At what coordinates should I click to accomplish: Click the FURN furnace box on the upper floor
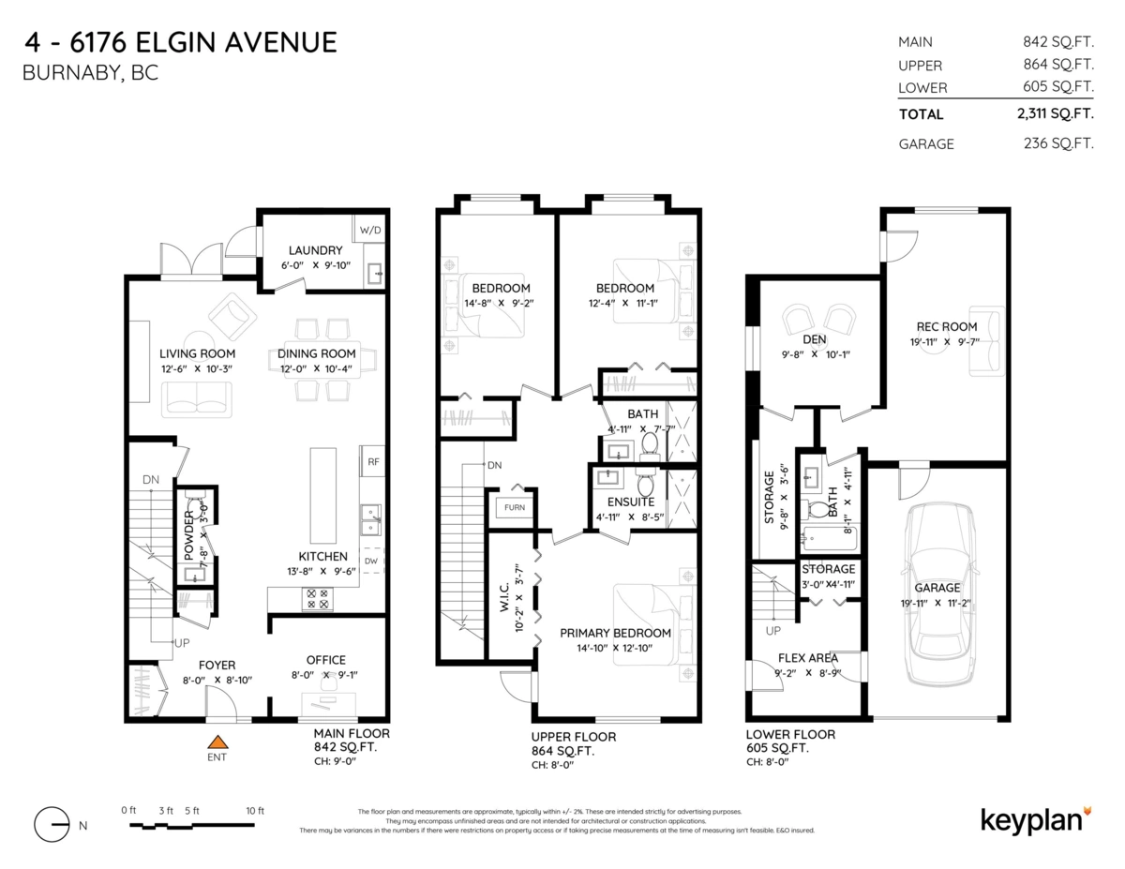click(x=515, y=507)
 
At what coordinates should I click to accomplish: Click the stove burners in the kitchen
click(x=317, y=599)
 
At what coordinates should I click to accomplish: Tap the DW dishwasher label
click(x=372, y=562)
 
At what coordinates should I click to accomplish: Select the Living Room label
click(x=197, y=353)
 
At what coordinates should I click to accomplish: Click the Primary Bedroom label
click(x=616, y=633)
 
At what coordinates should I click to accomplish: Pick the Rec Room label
click(x=946, y=326)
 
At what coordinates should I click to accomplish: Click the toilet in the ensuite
click(x=645, y=485)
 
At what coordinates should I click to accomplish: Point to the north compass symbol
click(x=52, y=825)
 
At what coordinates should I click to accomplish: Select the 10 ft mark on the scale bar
click(x=254, y=810)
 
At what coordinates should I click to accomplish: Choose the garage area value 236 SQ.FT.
click(x=1061, y=144)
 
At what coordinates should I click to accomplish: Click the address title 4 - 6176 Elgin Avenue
click(x=178, y=43)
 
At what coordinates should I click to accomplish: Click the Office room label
click(x=325, y=660)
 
